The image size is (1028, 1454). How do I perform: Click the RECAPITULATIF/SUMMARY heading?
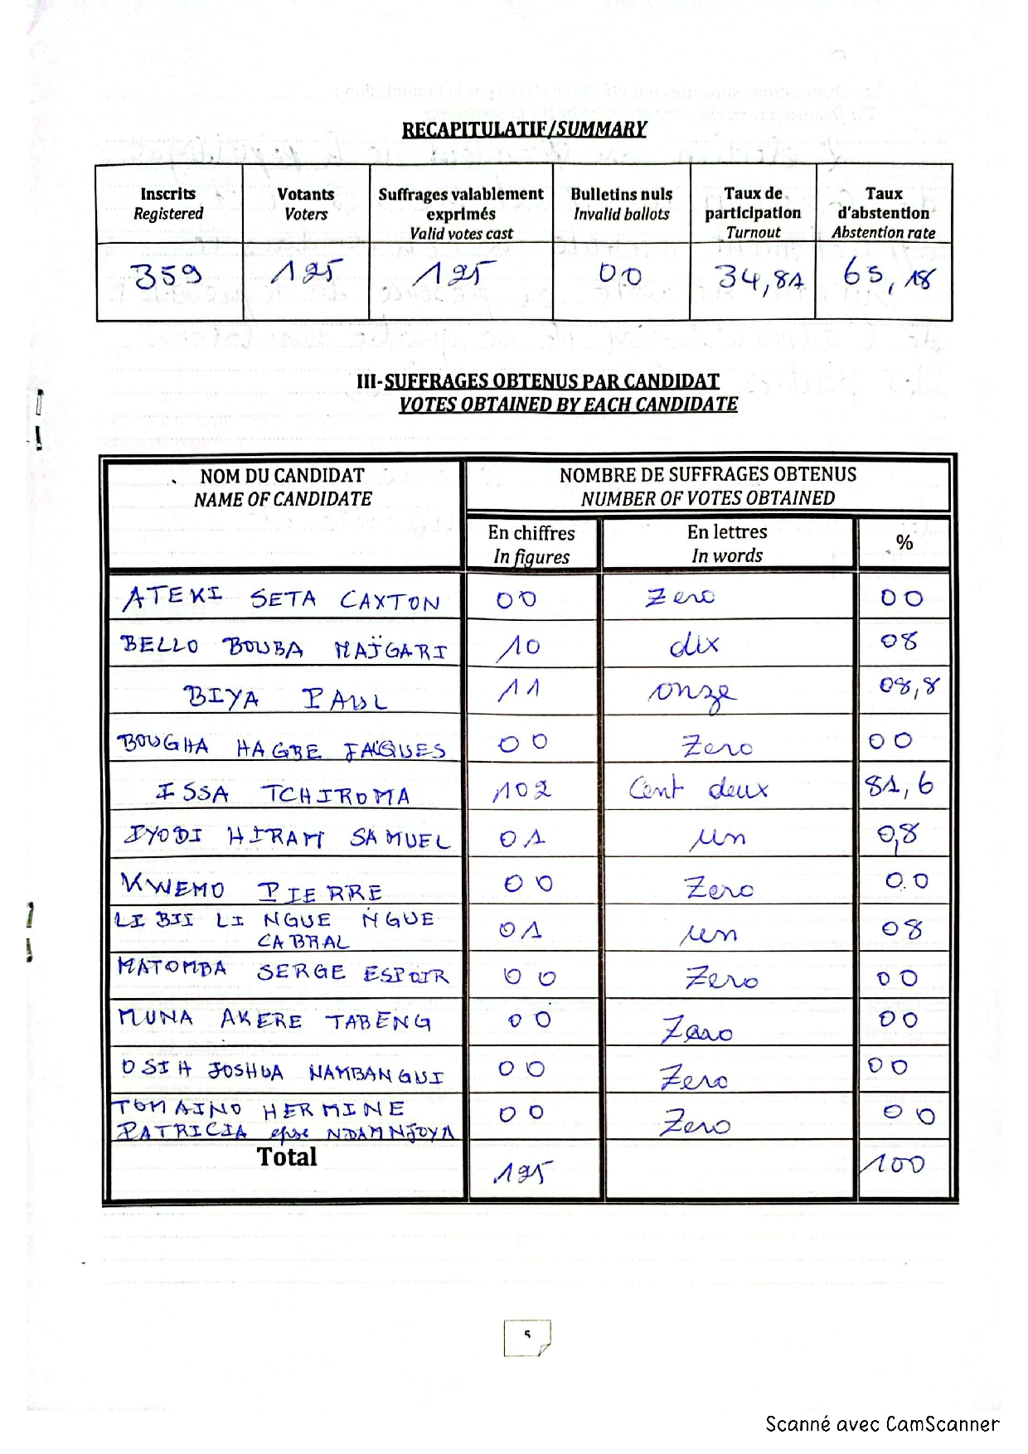pos(524,129)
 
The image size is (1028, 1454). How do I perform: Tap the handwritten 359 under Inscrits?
pos(167,275)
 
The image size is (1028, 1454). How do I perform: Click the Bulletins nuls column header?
pos(621,203)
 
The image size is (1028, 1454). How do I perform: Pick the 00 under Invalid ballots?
pos(620,274)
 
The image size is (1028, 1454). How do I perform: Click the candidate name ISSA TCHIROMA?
pos(283,794)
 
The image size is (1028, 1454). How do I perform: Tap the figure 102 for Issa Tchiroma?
pos(522,791)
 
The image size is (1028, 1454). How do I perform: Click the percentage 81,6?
pos(899,784)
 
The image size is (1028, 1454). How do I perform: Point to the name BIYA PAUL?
pos(284,699)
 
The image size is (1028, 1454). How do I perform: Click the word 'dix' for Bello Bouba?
pos(694,645)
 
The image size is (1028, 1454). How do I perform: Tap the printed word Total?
pos(287,1156)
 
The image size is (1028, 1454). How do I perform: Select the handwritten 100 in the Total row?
pos(893,1165)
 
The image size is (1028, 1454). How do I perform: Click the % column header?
pos(904,543)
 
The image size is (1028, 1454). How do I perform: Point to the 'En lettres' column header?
pos(727,543)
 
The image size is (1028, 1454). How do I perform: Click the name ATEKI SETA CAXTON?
pos(281,599)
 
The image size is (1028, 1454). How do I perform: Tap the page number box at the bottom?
pos(526,1337)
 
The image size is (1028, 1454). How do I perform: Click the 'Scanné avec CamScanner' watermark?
pos(882,1424)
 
